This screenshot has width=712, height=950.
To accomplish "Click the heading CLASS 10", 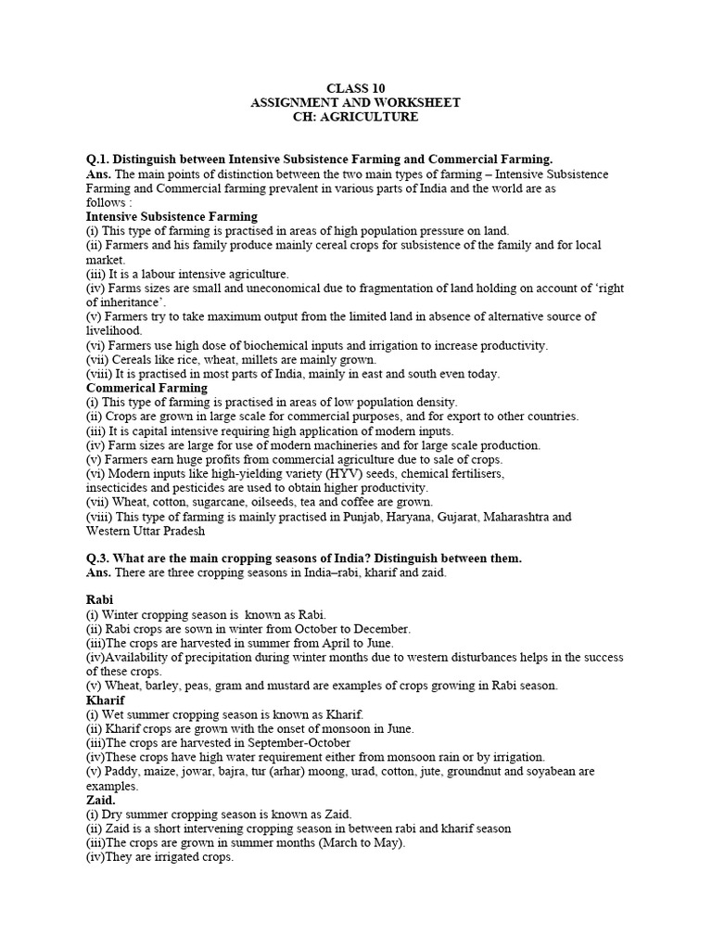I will click(x=355, y=88).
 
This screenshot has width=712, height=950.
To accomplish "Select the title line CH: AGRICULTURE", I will click(x=355, y=117).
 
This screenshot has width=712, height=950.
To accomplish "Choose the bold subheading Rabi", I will click(x=99, y=600).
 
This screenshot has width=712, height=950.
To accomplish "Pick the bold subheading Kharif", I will click(x=105, y=700).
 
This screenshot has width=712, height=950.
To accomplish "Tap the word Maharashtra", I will click(x=526, y=517).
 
